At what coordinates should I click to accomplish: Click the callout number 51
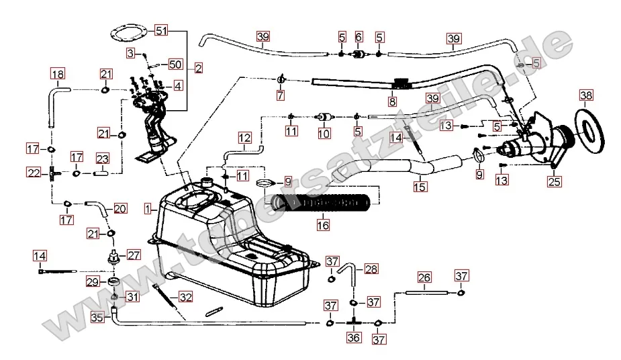(160, 30)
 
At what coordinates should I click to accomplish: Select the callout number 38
(585, 96)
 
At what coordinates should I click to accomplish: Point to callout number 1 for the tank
(148, 209)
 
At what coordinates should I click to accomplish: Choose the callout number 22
(34, 173)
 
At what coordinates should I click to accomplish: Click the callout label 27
(134, 255)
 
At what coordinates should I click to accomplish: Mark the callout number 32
(185, 296)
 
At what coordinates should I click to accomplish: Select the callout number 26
(424, 276)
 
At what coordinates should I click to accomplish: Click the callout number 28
(371, 269)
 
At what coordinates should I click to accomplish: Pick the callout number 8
(393, 103)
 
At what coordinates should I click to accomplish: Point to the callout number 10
(324, 134)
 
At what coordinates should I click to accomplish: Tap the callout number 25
(554, 181)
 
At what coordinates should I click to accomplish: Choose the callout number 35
(98, 318)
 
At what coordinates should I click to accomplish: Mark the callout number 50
(175, 64)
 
